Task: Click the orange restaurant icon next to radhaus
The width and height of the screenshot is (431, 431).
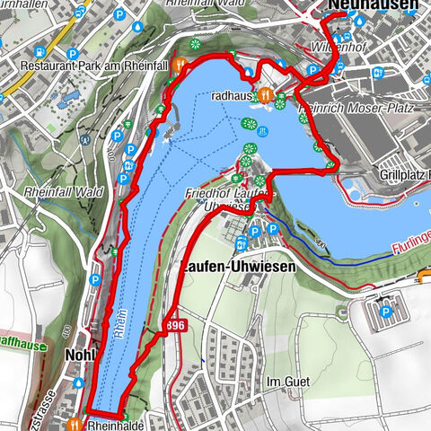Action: [x=264, y=94]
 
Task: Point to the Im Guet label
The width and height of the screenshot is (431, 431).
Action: [x=288, y=381]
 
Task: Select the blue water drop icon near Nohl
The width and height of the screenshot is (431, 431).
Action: [x=79, y=382]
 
